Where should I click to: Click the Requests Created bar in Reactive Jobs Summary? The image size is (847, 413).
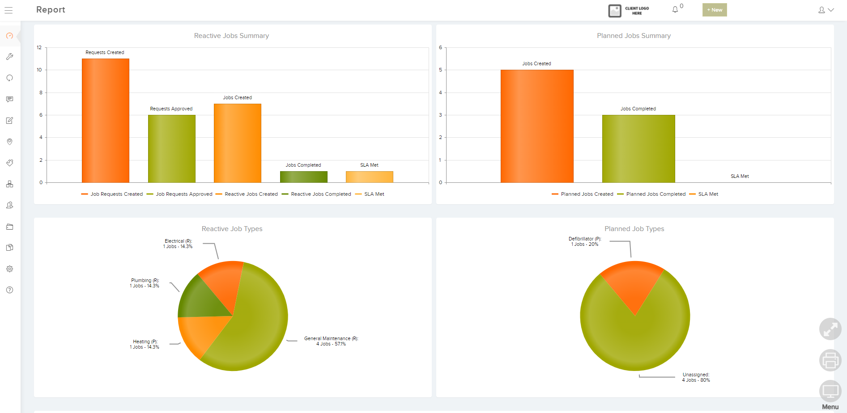point(106,121)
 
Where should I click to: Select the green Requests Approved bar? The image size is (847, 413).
point(171,149)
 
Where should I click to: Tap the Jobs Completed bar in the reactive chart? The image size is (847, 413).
point(303,177)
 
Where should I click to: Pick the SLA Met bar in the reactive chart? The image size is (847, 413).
point(369,177)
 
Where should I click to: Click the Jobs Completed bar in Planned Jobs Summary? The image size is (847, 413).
point(638,149)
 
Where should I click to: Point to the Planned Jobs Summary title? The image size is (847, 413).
point(634,36)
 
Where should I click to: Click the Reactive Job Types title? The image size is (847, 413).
point(232,229)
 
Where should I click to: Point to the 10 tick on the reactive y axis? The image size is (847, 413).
point(39,70)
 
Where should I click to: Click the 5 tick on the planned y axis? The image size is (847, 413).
point(440,70)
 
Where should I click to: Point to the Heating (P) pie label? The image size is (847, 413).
point(145,344)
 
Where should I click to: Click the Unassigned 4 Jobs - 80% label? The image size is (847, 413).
point(696,377)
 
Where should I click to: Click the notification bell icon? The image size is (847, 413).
point(675,9)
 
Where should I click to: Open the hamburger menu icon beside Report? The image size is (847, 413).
point(9,10)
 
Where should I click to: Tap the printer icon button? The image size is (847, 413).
point(830,360)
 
